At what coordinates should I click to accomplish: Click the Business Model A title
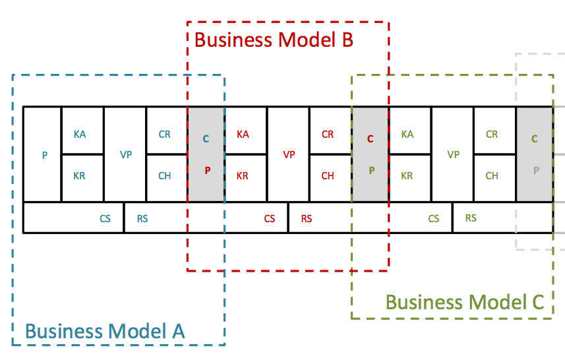105,330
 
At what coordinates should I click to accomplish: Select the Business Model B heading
274,40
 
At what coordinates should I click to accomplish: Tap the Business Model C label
464,302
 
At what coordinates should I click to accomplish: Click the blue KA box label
80,135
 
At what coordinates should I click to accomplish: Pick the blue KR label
79,176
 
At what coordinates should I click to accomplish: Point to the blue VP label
126,155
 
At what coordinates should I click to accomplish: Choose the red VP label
289,155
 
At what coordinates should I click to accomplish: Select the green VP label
453,155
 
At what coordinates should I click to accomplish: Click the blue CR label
165,135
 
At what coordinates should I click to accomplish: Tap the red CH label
328,176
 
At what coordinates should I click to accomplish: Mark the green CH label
492,176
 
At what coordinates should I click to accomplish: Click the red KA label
243,135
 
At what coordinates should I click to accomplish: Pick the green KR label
407,176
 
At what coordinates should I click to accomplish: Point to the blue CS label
105,218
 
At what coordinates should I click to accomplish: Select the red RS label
307,218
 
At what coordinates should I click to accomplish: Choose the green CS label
434,218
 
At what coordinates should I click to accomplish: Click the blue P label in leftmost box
45,156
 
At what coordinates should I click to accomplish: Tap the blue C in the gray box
206,139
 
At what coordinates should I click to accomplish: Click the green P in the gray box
371,169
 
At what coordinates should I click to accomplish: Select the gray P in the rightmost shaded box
535,169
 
